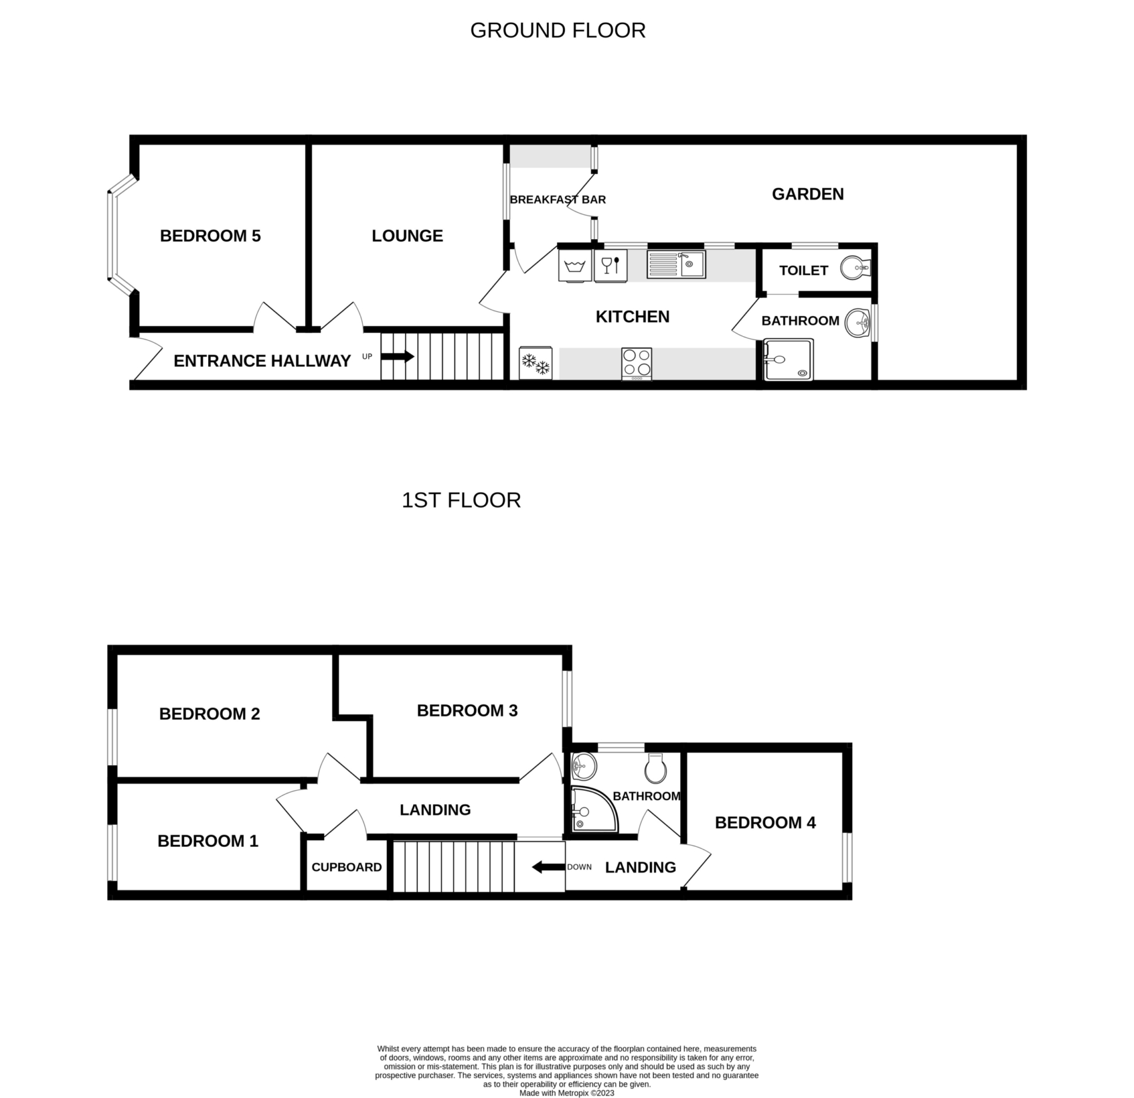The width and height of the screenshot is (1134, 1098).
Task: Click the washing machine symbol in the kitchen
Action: pos(575,265)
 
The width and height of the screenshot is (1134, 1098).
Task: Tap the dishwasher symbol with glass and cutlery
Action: pos(611,265)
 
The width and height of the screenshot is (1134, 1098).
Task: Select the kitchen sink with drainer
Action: pos(676,264)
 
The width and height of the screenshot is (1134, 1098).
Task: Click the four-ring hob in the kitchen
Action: pos(636,364)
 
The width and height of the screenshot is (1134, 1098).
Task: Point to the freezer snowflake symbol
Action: pos(536,363)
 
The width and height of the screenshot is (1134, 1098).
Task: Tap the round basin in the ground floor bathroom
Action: pos(857,323)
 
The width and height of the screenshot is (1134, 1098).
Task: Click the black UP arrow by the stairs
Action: pos(397,357)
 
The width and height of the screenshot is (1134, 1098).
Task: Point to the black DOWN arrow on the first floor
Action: pos(548,867)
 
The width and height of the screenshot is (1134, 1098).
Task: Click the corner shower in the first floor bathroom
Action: pos(594,809)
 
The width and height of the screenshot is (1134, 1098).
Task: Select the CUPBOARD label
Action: pos(346,867)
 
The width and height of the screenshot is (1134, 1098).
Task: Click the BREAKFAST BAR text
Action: pos(558,200)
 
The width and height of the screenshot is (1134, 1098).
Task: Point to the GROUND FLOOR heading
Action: pos(558,30)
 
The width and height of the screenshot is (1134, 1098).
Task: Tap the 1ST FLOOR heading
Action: pos(461,501)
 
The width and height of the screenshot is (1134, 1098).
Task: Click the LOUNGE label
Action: pos(407,235)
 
